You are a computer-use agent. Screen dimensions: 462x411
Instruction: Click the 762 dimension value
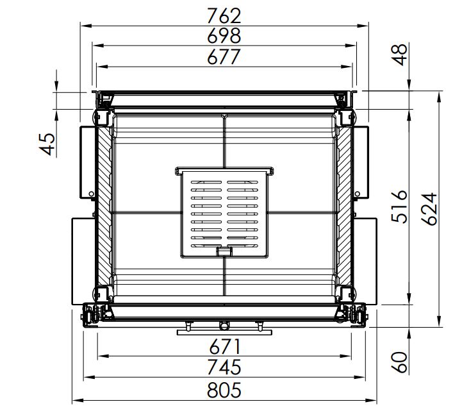tap(224, 15)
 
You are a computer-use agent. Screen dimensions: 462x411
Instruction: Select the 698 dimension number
tap(224, 36)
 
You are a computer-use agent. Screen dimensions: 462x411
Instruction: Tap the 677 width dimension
tap(224, 57)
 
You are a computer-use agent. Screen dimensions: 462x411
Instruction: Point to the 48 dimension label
tap(400, 55)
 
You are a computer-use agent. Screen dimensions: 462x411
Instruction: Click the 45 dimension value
tap(47, 144)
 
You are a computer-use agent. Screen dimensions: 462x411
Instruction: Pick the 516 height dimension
tap(400, 206)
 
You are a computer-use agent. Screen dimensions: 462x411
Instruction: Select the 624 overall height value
tap(429, 209)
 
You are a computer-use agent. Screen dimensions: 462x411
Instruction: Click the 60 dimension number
tap(400, 362)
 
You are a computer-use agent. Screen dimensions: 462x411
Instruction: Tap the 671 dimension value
tap(225, 347)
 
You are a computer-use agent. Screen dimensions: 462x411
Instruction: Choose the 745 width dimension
tap(224, 367)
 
